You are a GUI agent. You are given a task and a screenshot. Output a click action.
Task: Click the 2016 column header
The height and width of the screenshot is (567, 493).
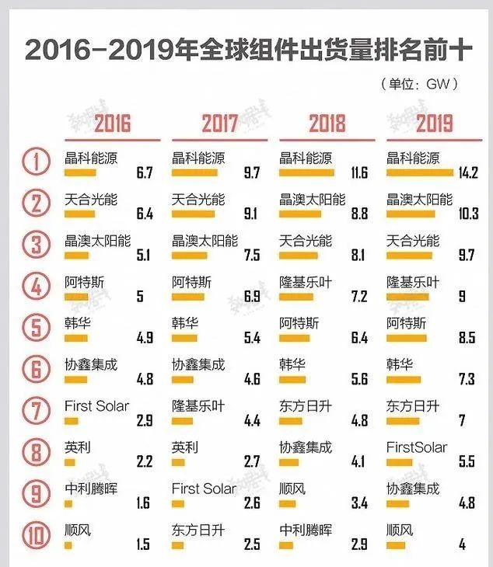click(x=112, y=123)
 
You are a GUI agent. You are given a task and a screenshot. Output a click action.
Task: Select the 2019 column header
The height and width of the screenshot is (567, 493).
click(x=434, y=123)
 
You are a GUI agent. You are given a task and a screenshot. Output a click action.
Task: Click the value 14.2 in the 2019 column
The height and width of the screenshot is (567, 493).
click(x=468, y=172)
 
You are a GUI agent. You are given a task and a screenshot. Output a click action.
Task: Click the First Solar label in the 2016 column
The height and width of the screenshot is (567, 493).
click(x=96, y=406)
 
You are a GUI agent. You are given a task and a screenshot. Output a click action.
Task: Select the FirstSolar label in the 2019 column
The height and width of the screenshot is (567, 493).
click(x=417, y=447)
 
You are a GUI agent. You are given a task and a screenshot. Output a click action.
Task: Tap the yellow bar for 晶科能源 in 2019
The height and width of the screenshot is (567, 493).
click(x=420, y=172)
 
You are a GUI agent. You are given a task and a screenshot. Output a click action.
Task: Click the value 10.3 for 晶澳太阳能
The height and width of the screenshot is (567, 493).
click(x=468, y=214)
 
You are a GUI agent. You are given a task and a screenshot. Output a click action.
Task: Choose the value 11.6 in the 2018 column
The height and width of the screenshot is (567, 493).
click(x=358, y=172)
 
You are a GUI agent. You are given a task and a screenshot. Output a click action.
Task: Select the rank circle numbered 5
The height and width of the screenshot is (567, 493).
click(x=35, y=329)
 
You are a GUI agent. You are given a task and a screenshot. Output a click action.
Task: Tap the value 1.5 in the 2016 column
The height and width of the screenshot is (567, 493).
click(x=142, y=544)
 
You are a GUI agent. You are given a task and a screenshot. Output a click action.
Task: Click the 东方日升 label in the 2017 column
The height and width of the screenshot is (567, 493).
click(x=198, y=530)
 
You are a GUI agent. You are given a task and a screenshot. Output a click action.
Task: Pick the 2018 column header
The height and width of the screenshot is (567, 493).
click(x=327, y=123)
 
